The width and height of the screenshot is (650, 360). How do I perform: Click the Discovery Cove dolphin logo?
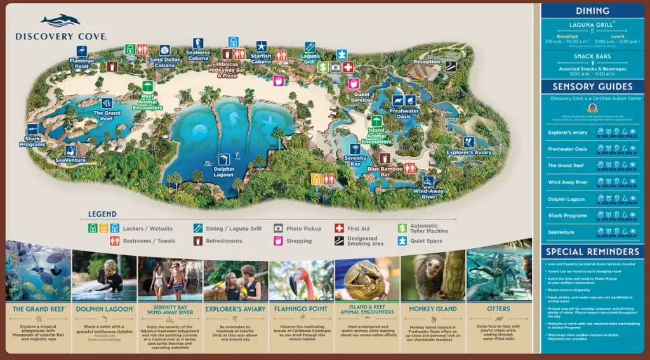(60, 21)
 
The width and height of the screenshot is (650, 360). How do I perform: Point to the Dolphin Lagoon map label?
(224, 173)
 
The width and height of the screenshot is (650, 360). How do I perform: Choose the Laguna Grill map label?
(309, 59)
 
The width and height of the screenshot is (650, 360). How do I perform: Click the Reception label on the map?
(427, 62)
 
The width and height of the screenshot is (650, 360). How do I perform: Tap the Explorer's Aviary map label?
(468, 152)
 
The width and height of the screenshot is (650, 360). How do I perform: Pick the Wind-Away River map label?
(428, 194)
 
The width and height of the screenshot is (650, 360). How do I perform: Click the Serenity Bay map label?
(355, 161)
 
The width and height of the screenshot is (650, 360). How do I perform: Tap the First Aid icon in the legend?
(340, 228)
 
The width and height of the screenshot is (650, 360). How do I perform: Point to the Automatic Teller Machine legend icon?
(402, 228)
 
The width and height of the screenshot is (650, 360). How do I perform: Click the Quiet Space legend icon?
(402, 241)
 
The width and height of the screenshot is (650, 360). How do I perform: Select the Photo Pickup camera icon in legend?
(278, 228)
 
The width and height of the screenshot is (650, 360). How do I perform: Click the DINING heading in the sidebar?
(592, 11)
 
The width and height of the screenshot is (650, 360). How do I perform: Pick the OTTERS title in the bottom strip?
(499, 309)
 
